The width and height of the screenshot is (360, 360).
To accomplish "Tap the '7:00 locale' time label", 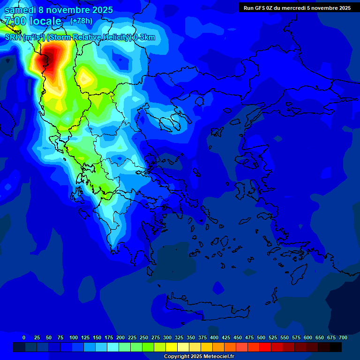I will (33, 21).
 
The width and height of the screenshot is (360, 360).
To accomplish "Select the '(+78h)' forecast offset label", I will (81, 21).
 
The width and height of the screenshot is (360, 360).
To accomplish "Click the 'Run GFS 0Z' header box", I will (297, 7).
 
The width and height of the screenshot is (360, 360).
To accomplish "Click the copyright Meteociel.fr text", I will (198, 357).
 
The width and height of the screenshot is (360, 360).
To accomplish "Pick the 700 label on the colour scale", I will (343, 337).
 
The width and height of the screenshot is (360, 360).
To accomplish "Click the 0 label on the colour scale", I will (24, 337).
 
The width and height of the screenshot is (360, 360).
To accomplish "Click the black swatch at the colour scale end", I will (336, 347).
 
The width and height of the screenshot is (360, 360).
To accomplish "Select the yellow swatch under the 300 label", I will (171, 347).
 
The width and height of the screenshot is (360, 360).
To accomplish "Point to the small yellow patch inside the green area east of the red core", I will (85, 78).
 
